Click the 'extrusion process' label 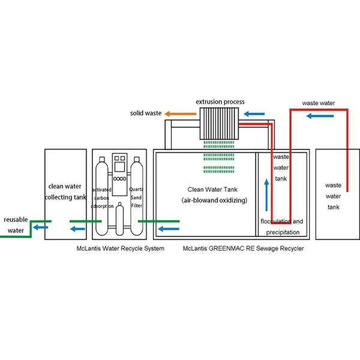click(x=220, y=102)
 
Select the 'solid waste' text click(x=148, y=113)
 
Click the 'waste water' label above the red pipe click(x=319, y=103)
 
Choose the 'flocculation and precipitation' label click(x=281, y=226)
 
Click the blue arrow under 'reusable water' click(x=41, y=227)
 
